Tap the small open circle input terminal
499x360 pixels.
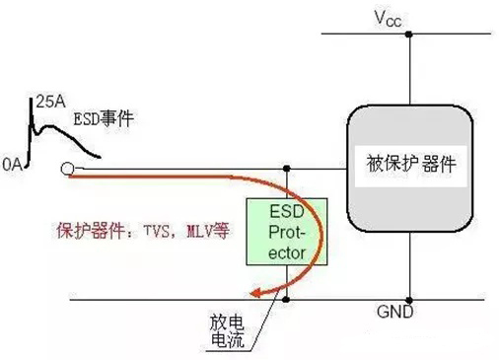(x=65, y=169)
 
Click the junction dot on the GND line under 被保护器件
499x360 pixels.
(x=411, y=298)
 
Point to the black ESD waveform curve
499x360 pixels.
(x=59, y=133)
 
